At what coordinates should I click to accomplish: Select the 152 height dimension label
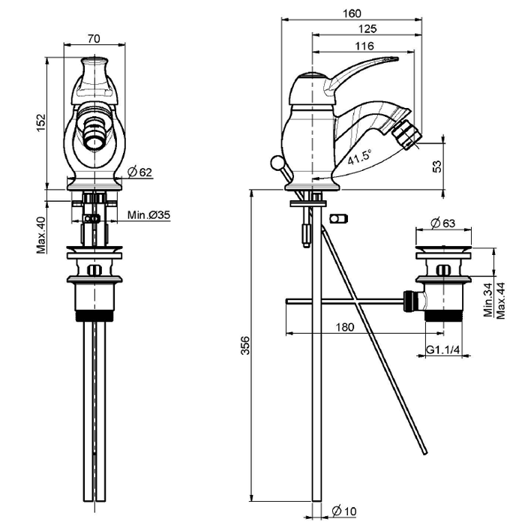point(41,121)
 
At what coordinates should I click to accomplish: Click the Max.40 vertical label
point(41,235)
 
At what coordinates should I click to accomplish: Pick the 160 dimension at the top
point(352,13)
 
